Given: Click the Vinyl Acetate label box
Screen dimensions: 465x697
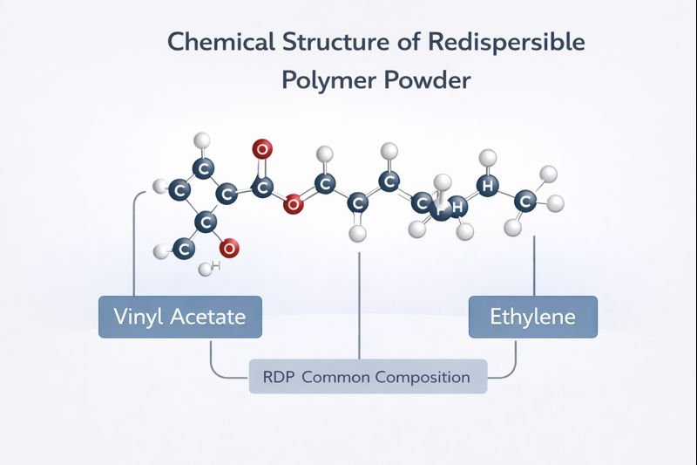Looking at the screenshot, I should pos(179,316).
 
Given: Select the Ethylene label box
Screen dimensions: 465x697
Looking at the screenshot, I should pos(532,316).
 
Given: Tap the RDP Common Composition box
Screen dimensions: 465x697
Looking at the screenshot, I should pos(367,377).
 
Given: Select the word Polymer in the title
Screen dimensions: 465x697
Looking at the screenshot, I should pos(332,80).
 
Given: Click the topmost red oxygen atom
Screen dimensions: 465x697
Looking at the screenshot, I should pos(261,149).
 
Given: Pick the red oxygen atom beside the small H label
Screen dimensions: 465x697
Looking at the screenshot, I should pos(228,249).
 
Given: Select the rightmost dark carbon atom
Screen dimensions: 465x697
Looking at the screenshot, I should pos(524,202).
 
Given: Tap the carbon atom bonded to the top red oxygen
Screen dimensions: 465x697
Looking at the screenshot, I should pos(262,186).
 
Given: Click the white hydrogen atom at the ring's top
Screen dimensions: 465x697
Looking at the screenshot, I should pos(202,139).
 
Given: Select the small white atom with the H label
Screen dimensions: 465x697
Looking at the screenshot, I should pos(206,269).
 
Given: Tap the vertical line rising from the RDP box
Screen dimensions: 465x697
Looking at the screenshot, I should pos(359,305).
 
